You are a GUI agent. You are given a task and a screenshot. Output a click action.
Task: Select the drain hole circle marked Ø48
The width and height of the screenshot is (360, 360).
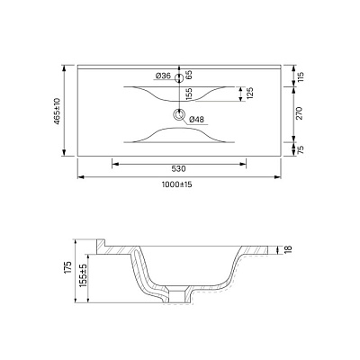tap(180, 114)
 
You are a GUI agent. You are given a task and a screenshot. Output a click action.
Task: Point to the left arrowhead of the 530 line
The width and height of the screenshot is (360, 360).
tap(113, 163)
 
